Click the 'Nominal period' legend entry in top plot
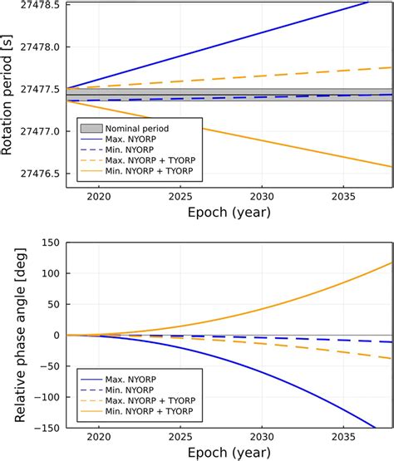pos(133,128)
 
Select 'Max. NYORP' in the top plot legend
pos(128,139)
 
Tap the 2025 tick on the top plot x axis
pos(180,198)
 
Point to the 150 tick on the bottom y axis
pos(49,242)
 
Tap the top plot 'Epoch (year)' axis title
pos(229,213)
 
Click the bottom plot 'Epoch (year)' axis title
pos(229,454)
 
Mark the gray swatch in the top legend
pos(91,128)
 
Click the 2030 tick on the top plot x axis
pos(261,198)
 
